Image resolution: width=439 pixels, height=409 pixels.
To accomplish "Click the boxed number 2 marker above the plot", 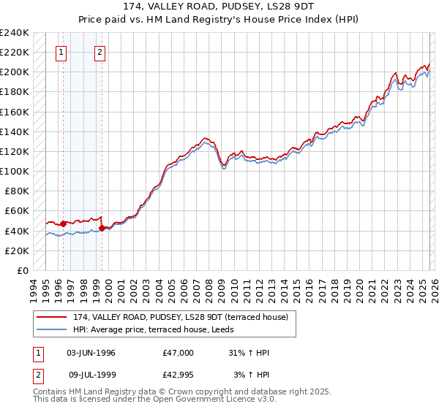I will pos(100,52).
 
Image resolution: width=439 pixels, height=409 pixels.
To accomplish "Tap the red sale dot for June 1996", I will pos(64,223).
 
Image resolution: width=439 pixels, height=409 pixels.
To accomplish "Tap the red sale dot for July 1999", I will pos(102,228).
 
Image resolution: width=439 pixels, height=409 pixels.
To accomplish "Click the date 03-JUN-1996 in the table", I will pos(91,353).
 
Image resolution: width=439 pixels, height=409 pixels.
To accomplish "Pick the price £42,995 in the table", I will pos(178,375).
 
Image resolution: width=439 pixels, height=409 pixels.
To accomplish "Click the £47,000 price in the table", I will pos(178,353).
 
